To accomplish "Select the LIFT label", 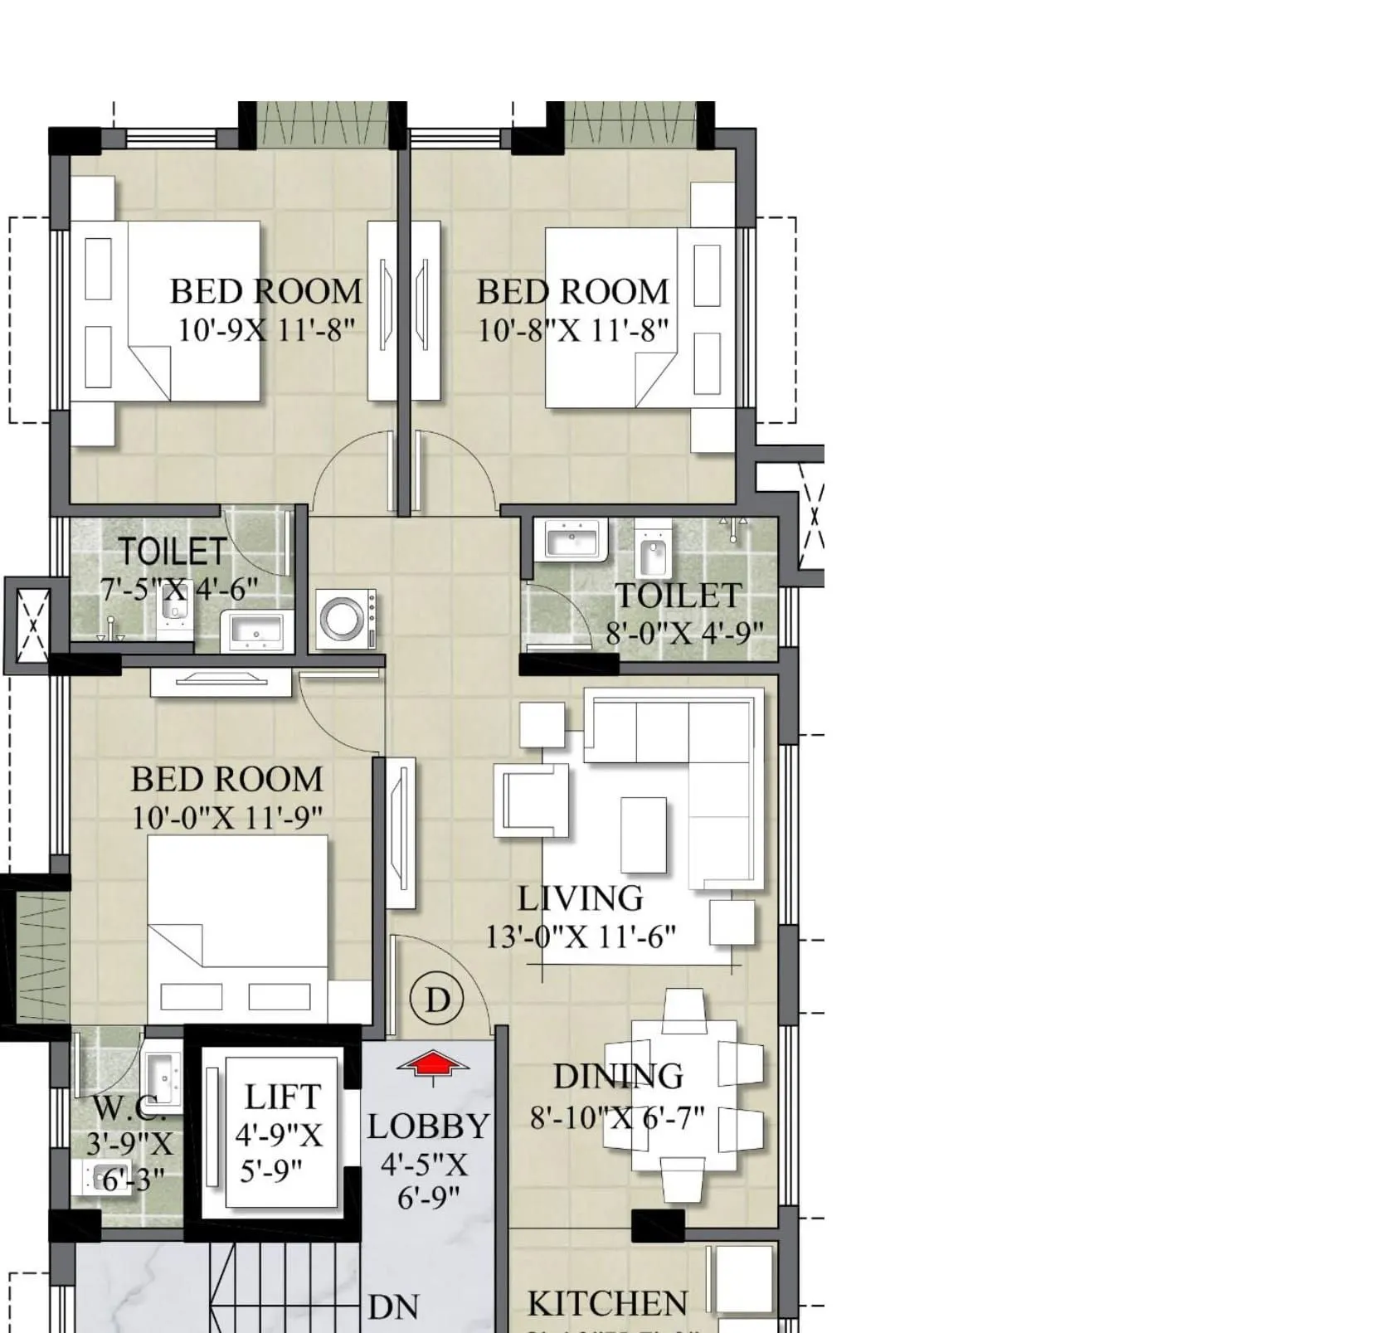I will [282, 1097].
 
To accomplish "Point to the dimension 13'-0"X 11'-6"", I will [581, 937].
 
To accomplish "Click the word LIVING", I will [581, 898].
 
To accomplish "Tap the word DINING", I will [619, 1077].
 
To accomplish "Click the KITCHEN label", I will [607, 1304].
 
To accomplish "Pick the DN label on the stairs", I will [393, 1308].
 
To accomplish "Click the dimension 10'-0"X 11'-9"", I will [227, 819].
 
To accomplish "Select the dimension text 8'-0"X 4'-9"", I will [684, 634].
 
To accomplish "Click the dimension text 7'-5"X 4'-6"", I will [179, 590].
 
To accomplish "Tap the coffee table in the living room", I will [644, 834].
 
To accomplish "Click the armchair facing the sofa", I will [532, 800].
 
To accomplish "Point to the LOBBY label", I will [429, 1126].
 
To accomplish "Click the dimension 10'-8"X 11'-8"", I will [572, 331].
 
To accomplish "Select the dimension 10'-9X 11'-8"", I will [266, 330].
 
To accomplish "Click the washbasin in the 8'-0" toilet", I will [572, 540].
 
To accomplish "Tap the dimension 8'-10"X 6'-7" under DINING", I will [617, 1117].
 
